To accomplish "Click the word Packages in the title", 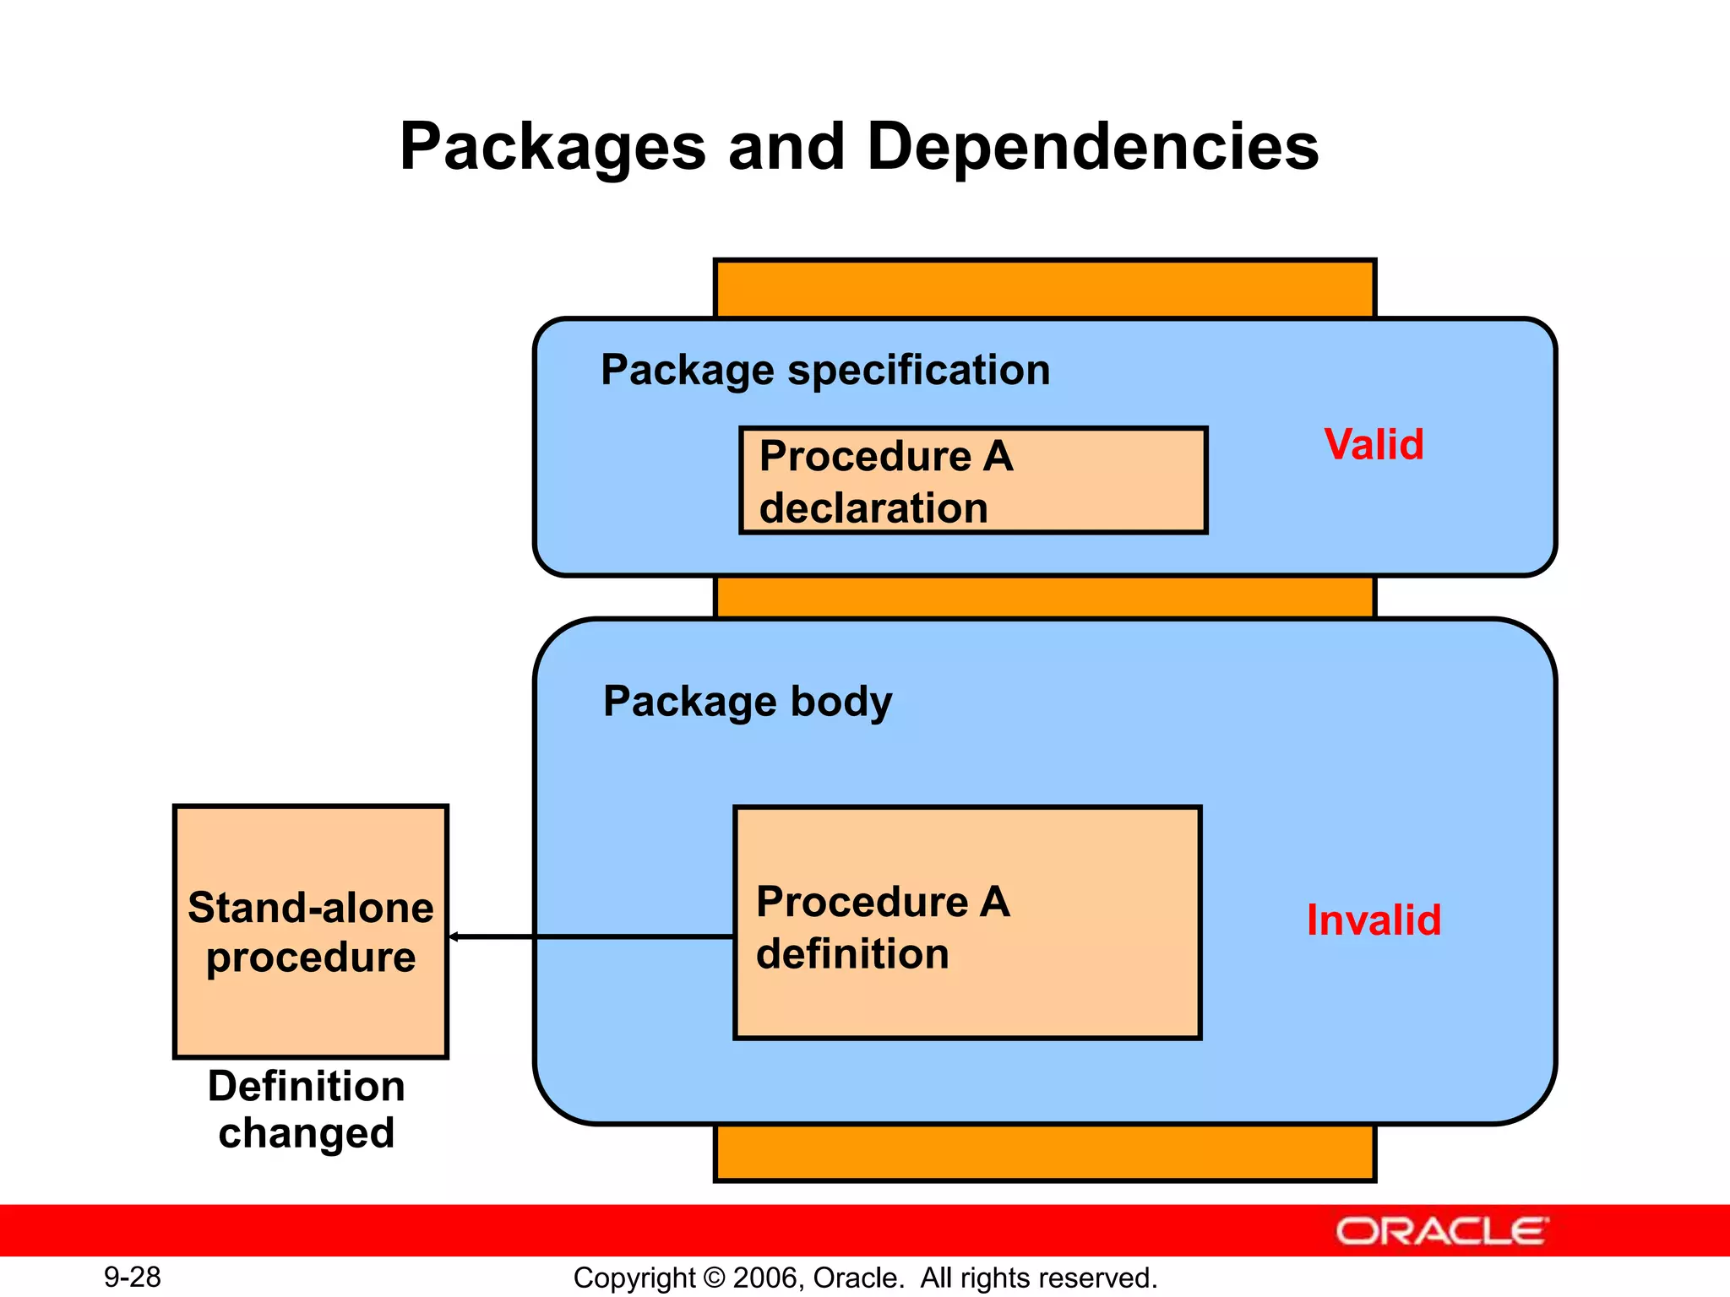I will coord(552,148).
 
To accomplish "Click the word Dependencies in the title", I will coord(1092,148).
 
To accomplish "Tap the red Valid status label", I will coord(1374,445).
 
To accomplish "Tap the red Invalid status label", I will coord(1374,920).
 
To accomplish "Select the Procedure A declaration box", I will coord(973,480).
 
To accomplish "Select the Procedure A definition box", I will coord(967,923).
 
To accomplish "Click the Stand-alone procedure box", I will coord(310,931).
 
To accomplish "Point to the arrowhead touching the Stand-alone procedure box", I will coord(454,936).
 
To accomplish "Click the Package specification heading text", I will coord(825,371).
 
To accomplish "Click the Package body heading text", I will coord(748,702).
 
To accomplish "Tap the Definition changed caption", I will coord(307,1110).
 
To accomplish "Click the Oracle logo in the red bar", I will coord(1441,1232).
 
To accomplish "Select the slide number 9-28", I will coord(133,1277).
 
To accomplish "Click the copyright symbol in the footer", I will coord(714,1278).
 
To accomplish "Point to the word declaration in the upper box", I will coord(873,508).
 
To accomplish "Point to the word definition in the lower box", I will coord(852,954).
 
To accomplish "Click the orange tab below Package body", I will coord(1045,1153).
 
